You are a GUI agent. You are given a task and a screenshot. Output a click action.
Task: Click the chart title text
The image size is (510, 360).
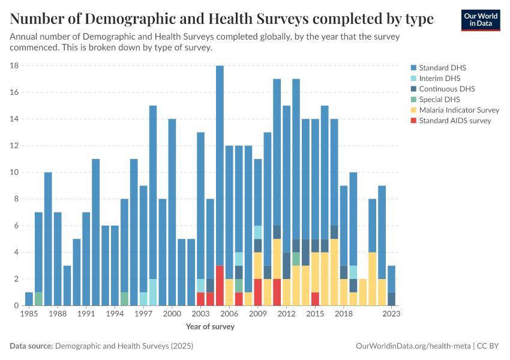(x=221, y=19)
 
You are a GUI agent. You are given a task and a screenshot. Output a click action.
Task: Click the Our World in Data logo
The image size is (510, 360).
(x=480, y=20)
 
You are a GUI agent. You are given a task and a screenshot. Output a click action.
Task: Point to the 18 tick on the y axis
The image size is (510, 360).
(x=15, y=66)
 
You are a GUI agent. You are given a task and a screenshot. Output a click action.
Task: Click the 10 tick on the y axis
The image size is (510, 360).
(x=15, y=173)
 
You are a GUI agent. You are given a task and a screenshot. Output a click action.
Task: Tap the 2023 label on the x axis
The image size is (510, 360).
(x=391, y=314)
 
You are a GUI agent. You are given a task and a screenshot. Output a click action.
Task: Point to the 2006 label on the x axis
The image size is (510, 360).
(x=229, y=314)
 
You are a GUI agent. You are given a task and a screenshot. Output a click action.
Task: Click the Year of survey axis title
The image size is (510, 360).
(x=210, y=327)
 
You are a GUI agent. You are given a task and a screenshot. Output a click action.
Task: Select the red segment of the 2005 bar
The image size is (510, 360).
(x=220, y=286)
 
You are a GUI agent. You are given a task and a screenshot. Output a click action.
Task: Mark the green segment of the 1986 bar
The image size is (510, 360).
(x=38, y=299)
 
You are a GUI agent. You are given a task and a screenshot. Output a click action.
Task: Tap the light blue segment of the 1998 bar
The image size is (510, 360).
(x=153, y=292)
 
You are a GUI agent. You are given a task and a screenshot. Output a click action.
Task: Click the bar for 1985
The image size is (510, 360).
(x=29, y=299)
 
